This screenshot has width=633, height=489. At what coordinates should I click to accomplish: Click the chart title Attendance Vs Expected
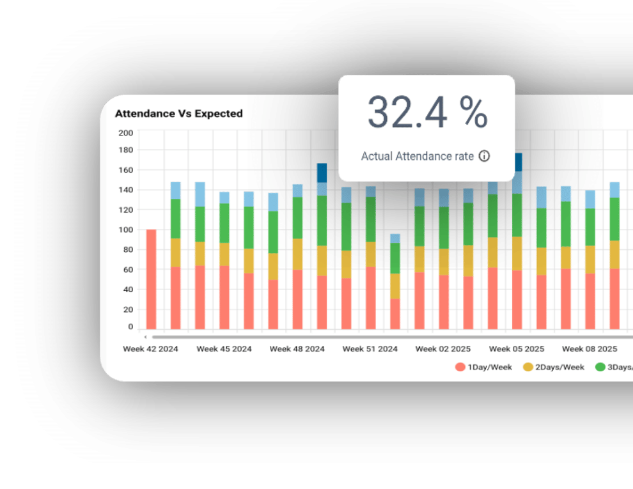(178, 114)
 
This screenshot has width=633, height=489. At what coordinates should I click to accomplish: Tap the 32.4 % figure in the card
(426, 113)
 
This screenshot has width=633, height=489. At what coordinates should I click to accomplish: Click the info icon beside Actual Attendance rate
(484, 156)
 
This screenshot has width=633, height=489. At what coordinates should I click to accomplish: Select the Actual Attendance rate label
(418, 156)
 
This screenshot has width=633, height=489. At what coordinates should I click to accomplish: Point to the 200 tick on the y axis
(126, 133)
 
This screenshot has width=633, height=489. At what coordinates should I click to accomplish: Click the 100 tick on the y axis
(126, 229)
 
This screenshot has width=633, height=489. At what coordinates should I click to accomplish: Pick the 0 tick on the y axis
(130, 327)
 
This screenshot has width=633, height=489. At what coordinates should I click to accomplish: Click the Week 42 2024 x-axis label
(150, 349)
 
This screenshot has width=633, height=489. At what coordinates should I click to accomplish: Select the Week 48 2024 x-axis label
(297, 349)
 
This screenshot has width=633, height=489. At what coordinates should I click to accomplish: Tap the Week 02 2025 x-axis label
(442, 349)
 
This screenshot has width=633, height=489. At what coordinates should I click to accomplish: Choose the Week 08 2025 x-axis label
(589, 349)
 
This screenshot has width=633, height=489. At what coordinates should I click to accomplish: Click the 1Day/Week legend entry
(483, 367)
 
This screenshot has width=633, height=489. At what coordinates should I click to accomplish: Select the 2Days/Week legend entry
(554, 367)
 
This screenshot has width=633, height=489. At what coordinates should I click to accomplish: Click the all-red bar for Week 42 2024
(151, 279)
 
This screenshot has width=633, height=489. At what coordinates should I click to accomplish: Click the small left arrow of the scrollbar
(145, 336)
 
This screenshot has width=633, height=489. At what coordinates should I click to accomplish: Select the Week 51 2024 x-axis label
(370, 349)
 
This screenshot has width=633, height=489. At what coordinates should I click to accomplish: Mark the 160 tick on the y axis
(126, 171)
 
